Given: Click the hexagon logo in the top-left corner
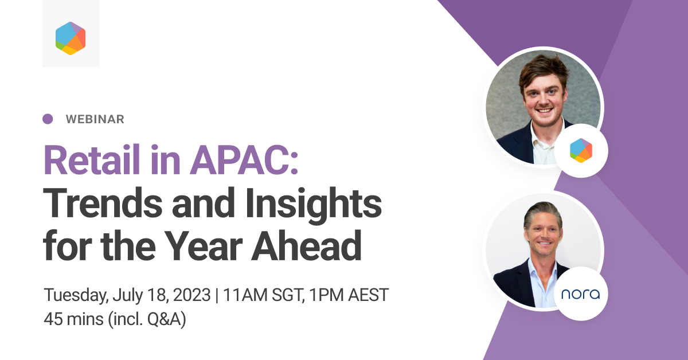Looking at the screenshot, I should tap(71, 38).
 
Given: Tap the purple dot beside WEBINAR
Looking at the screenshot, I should tap(48, 119).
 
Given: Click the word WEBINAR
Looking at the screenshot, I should tap(95, 119).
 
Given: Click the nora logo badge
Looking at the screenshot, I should tap(581, 294).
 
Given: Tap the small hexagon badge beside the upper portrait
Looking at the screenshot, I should tap(581, 150).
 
